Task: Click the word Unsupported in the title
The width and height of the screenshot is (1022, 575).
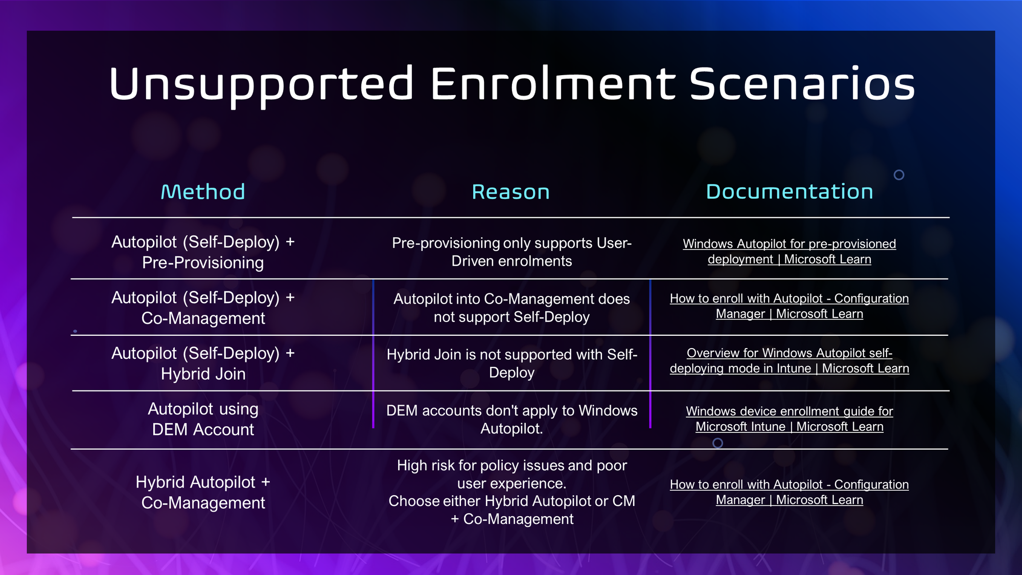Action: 261,84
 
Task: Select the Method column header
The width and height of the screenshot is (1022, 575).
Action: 203,192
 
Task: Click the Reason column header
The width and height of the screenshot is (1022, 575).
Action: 510,192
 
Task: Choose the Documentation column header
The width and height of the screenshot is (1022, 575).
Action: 789,192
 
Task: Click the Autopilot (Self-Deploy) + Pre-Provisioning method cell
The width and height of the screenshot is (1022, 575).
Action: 203,252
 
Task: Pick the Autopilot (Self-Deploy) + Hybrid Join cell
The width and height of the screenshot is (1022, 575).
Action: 203,363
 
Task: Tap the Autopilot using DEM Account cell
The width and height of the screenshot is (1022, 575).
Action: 203,419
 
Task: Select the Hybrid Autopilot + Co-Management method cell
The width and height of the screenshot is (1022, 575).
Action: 203,492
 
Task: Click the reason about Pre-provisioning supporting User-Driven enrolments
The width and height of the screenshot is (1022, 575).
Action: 512,252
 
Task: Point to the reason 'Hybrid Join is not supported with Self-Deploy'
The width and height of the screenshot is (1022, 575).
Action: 512,363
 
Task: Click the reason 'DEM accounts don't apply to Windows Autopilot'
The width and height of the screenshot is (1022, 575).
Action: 512,419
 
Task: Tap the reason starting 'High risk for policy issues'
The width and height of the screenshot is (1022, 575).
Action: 512,492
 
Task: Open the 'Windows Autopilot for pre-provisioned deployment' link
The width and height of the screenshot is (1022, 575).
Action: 789,251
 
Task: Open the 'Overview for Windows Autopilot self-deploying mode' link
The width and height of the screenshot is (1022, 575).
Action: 789,361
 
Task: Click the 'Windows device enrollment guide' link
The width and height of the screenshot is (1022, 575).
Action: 789,419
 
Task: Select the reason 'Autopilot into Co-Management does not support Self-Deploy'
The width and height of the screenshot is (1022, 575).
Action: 512,308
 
